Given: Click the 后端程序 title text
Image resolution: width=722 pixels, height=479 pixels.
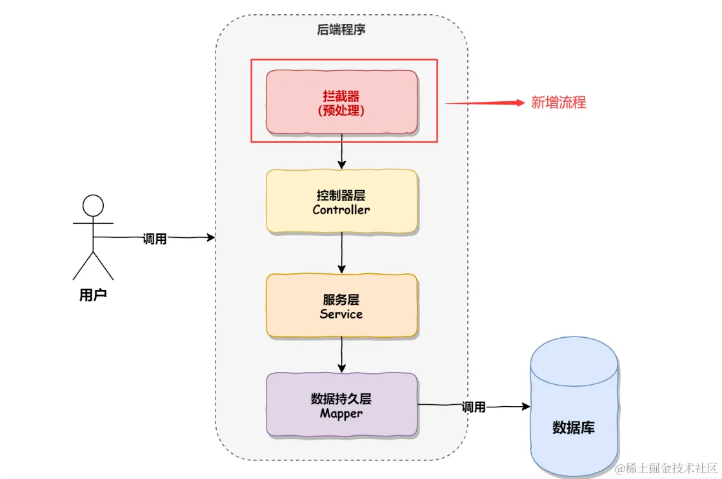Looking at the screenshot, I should (x=341, y=30).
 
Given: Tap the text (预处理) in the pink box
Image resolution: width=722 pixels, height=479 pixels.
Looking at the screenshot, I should (x=341, y=110).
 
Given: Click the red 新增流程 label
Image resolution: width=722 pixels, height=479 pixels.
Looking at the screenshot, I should (x=559, y=103).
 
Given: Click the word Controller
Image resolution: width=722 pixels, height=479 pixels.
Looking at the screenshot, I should (x=341, y=210).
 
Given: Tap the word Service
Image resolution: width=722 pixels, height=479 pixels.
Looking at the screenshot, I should (x=341, y=314).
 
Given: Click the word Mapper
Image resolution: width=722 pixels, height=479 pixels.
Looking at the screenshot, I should (x=341, y=413).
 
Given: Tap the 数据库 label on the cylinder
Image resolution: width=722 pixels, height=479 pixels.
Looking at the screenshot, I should (x=574, y=427).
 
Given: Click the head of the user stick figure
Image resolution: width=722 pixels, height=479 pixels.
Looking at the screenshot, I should (x=93, y=205).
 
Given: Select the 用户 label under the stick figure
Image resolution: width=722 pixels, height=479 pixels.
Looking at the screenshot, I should (x=93, y=296).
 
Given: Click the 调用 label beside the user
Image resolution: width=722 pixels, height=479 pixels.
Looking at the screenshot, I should (x=155, y=239).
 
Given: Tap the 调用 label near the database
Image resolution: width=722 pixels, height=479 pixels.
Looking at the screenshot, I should (x=474, y=407).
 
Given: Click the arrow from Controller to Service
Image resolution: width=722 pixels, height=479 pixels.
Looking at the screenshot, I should (x=341, y=253).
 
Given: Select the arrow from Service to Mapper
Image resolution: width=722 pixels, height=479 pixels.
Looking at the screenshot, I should (x=341, y=355).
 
